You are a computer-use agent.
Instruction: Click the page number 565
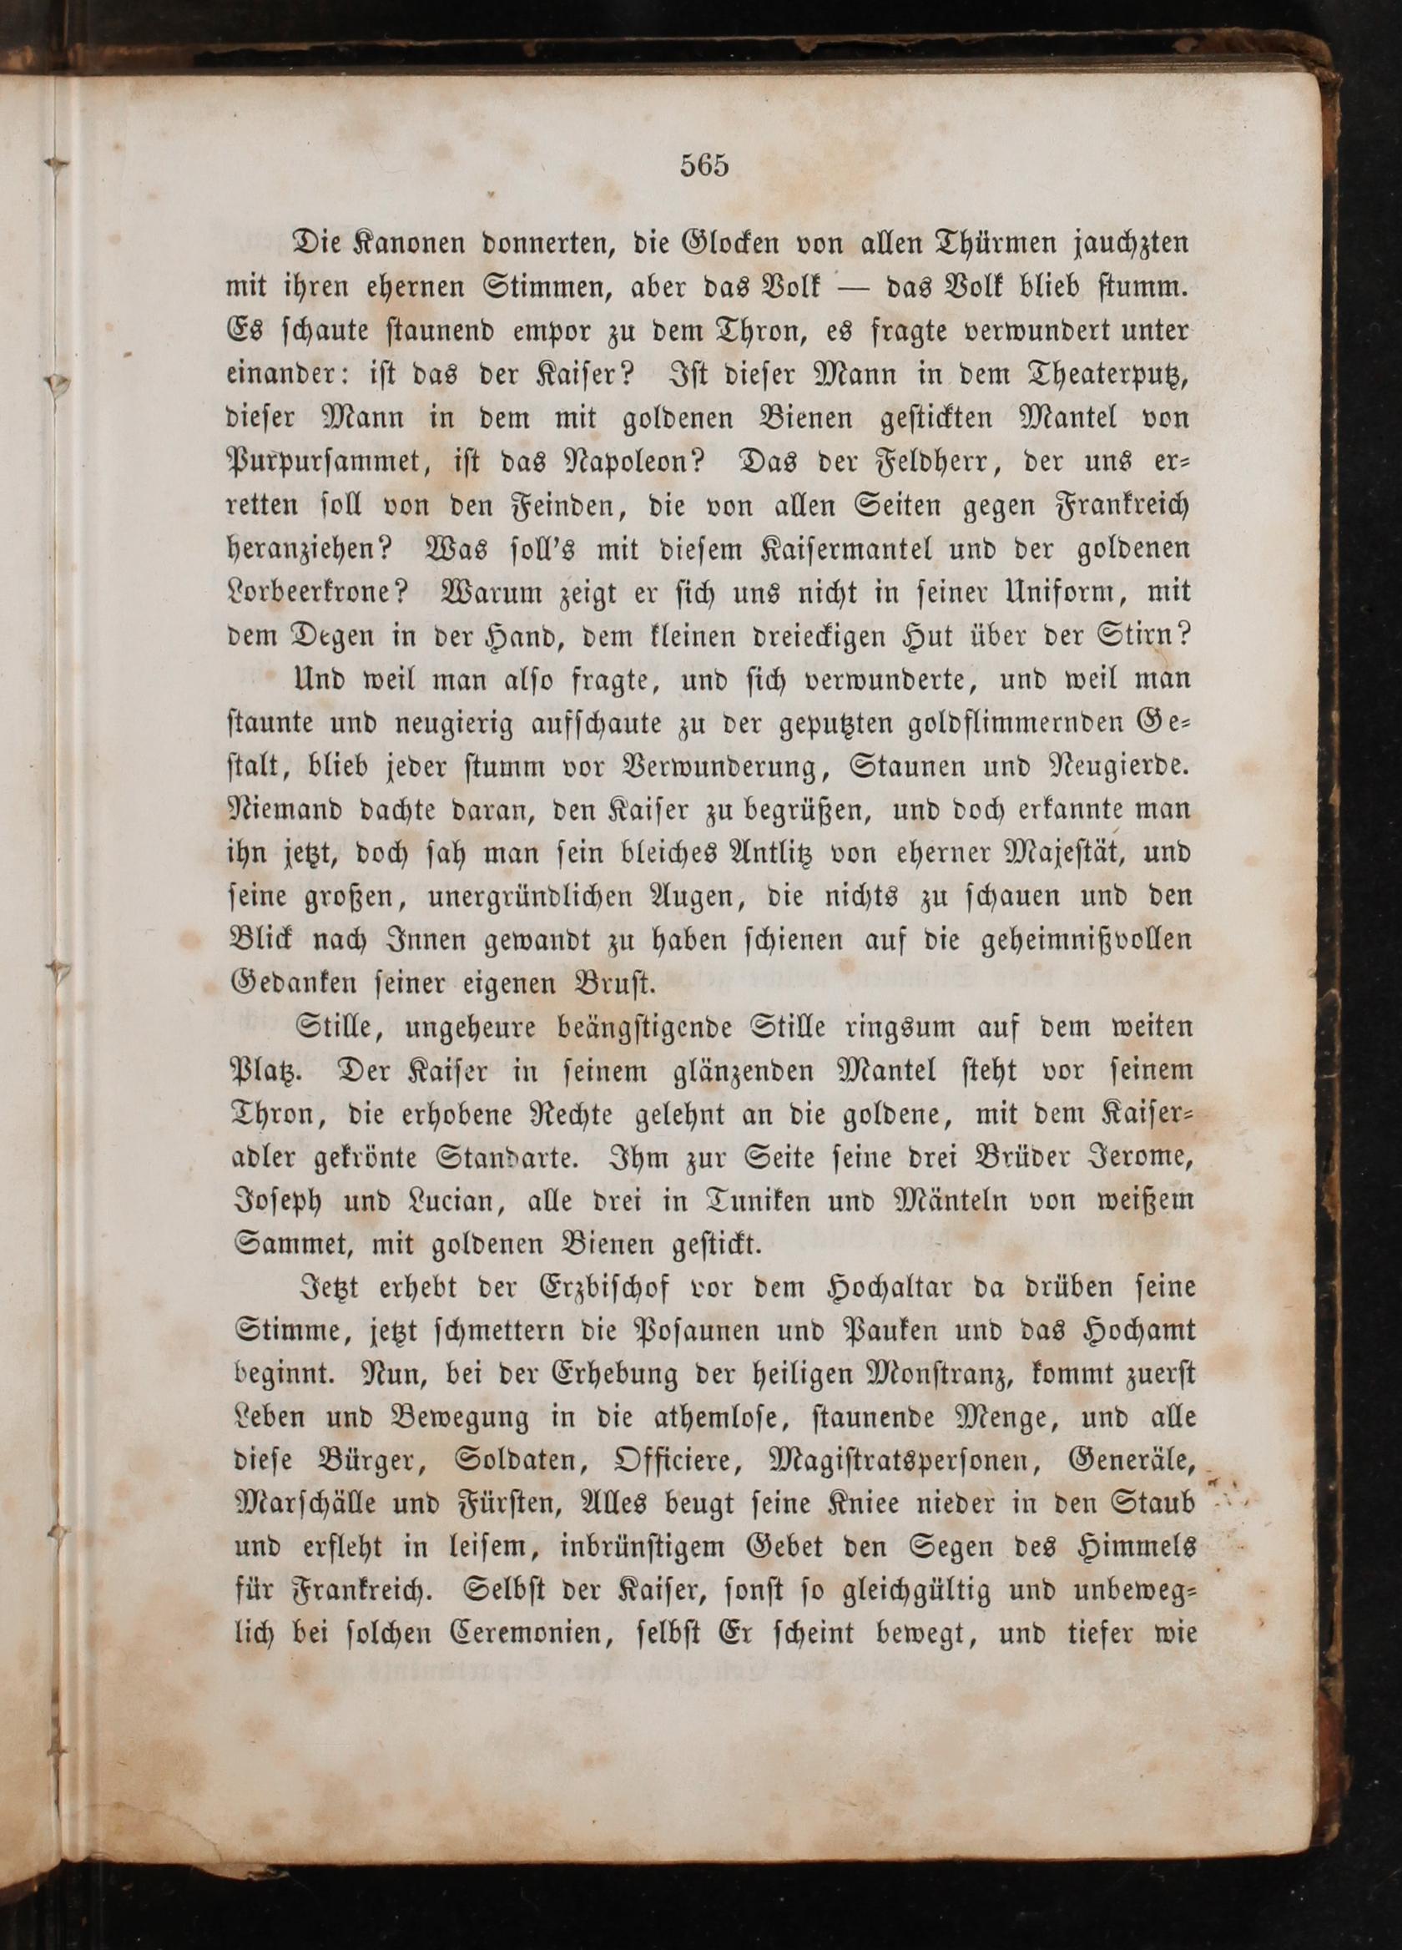point(704,165)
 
